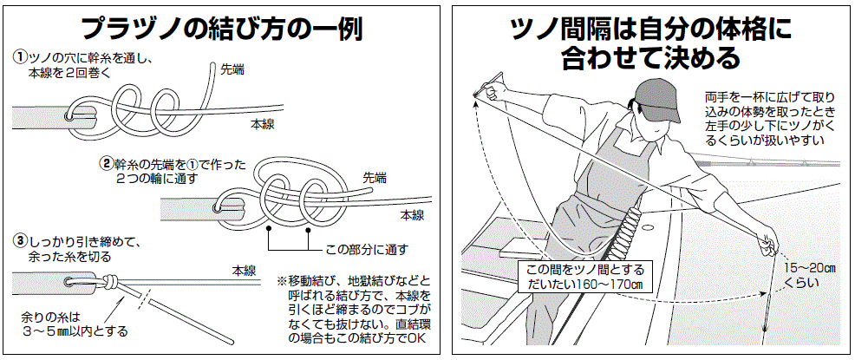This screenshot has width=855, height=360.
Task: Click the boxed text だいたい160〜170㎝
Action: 578,284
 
